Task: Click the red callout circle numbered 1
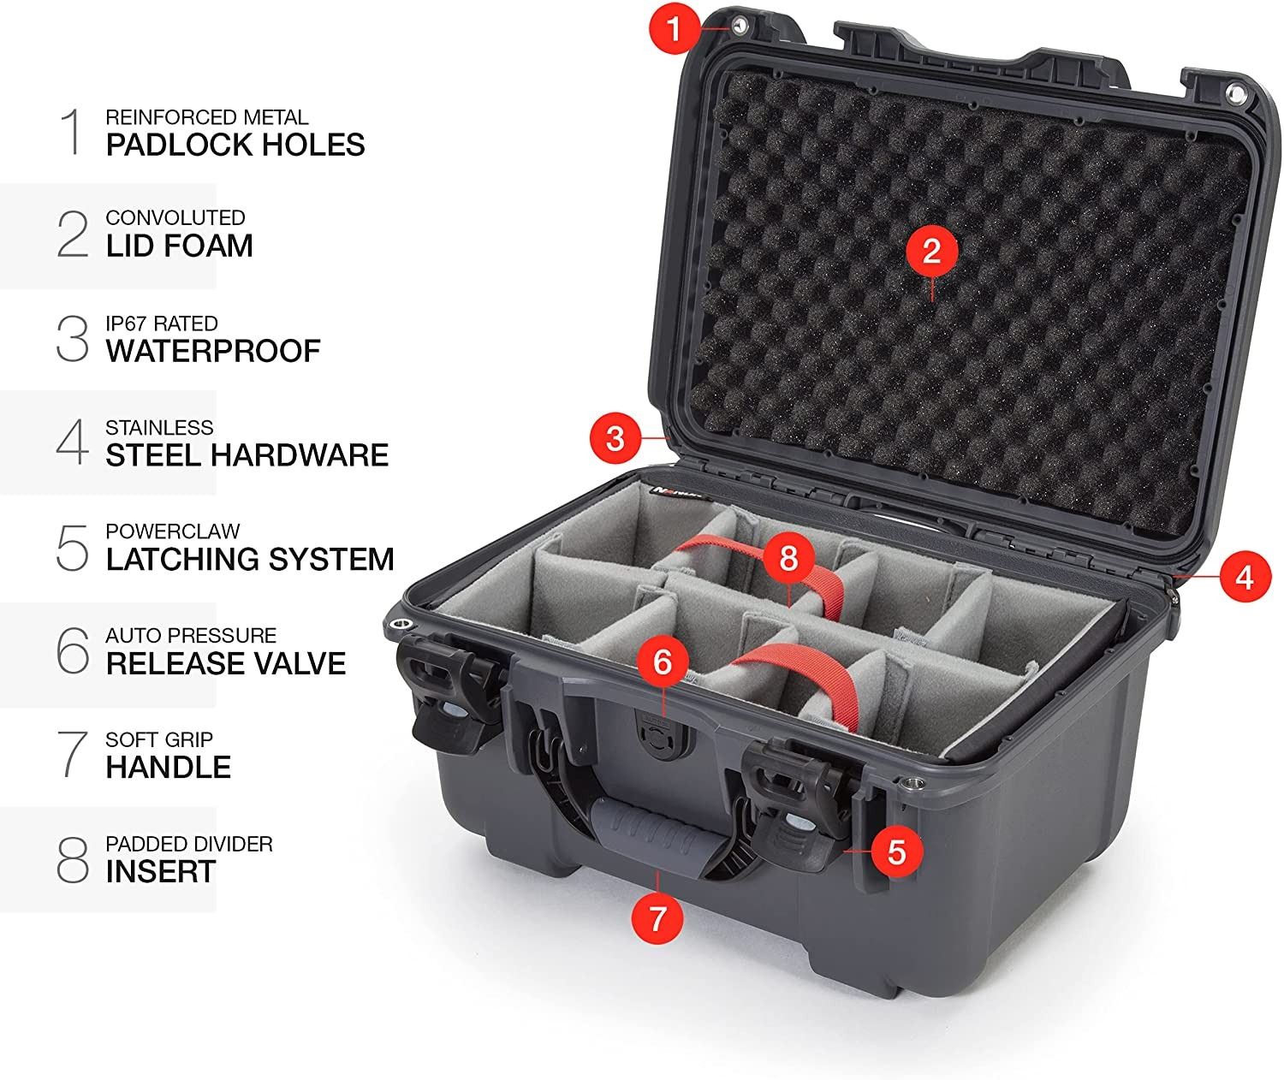coord(675,27)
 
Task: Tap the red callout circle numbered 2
coord(931,251)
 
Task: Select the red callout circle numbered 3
coord(615,438)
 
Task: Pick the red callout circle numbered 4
coord(1245,577)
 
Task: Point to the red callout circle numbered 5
coord(896,852)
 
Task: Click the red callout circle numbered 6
coord(663,662)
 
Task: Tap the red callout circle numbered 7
coord(657,918)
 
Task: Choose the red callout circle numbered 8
coord(788,558)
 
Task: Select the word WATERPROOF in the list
coord(213,351)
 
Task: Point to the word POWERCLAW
coord(173,531)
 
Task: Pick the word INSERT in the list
coord(161,871)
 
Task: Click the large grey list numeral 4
coord(73,442)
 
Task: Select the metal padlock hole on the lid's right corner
coord(1234,92)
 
